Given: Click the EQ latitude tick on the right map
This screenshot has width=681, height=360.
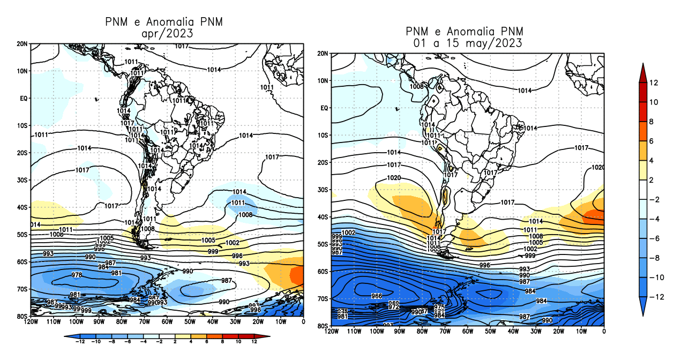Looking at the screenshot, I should tap(324, 108).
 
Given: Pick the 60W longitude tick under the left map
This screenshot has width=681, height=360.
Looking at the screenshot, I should tap(167, 322).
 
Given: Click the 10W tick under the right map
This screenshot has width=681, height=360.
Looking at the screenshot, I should tap(581, 332).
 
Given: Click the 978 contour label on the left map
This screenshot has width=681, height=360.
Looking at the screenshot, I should tap(77, 275).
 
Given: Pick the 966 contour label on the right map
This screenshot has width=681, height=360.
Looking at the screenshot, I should tap(377, 296).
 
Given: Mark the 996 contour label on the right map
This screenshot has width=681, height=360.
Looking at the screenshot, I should tap(485, 265).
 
